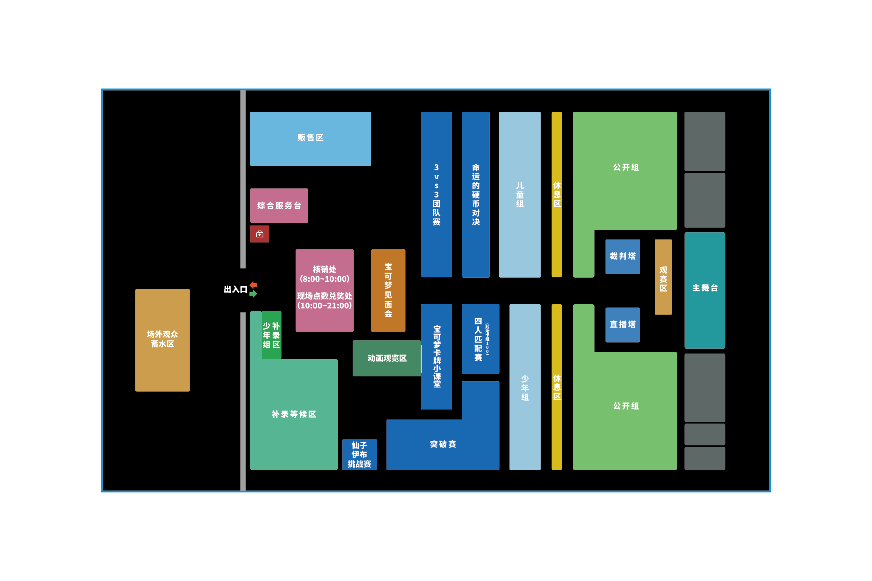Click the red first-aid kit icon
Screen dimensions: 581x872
point(259,234)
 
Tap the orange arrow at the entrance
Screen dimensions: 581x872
point(254,285)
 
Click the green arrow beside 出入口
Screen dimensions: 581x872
point(254,294)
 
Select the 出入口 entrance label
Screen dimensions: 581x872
point(235,289)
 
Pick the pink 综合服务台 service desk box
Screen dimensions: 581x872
point(279,206)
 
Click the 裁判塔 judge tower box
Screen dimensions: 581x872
point(623,257)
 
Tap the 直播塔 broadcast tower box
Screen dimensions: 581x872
point(623,324)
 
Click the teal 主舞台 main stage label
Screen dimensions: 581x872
point(705,288)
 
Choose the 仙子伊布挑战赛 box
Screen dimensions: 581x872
point(359,455)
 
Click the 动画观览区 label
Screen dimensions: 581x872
point(387,358)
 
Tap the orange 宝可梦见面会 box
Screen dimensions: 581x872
point(388,290)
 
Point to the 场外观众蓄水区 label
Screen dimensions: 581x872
point(162,339)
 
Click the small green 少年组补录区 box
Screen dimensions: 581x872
point(271,335)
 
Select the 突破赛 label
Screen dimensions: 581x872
point(443,444)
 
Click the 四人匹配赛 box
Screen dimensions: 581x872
point(480,339)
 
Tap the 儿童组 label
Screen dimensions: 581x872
point(520,195)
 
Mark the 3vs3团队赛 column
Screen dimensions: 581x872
point(437,195)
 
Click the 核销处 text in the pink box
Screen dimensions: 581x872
point(324,269)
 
